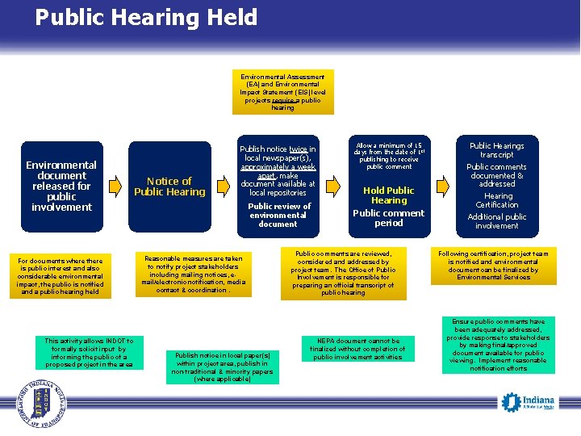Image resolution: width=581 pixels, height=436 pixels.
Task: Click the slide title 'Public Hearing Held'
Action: [x=146, y=18]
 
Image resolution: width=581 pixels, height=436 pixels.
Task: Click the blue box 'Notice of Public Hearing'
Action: [x=169, y=187]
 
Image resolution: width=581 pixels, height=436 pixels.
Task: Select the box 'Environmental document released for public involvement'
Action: [x=61, y=186]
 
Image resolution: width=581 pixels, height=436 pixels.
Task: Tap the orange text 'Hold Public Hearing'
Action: [x=389, y=195]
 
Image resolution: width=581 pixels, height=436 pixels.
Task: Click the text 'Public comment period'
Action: [x=389, y=218]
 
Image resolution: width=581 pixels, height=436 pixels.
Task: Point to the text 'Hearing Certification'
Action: [x=498, y=200]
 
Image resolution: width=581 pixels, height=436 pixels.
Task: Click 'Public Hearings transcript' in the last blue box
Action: [x=497, y=150]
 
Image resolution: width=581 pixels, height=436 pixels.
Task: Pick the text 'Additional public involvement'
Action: [x=497, y=221]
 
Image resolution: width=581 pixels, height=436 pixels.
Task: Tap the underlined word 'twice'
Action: [x=299, y=149]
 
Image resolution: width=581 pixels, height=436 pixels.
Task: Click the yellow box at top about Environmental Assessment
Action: [x=282, y=92]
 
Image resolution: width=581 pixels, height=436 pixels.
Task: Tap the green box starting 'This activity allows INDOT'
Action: [x=90, y=353]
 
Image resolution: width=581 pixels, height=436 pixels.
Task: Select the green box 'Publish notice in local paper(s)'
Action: [x=222, y=366]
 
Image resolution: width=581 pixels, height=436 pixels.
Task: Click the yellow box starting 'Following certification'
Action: [x=493, y=266]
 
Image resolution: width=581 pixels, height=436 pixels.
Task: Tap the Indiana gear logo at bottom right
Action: [x=528, y=401]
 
